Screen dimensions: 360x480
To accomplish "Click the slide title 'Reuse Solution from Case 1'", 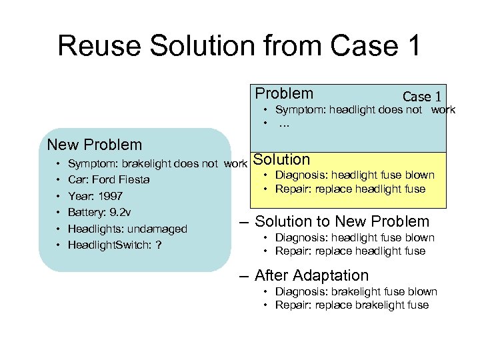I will [239, 46].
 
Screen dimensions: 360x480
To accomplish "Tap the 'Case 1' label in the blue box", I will [421, 97].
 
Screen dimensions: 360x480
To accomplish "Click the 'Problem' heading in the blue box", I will [284, 93].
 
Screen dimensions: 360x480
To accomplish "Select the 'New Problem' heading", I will [94, 145].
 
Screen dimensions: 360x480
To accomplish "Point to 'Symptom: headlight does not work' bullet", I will [365, 110].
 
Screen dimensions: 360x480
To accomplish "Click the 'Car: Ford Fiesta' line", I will [109, 179].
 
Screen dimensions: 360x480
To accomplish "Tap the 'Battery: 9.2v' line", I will [99, 213].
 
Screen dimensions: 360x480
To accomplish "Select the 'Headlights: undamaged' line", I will [127, 229].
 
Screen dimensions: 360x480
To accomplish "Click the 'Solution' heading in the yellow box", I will [282, 160].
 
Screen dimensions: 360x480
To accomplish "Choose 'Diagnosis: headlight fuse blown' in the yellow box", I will [355, 175].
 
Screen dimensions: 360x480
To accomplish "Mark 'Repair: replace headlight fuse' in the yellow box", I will [350, 189].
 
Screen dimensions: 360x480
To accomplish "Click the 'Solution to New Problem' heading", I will [342, 221].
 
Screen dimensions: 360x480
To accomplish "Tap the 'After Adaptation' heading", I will [311, 275].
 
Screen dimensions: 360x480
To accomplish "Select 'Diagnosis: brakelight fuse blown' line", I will [356, 291].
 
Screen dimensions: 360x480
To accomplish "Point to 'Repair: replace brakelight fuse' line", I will [352, 305].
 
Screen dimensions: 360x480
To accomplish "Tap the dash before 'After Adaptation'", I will [243, 275].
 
